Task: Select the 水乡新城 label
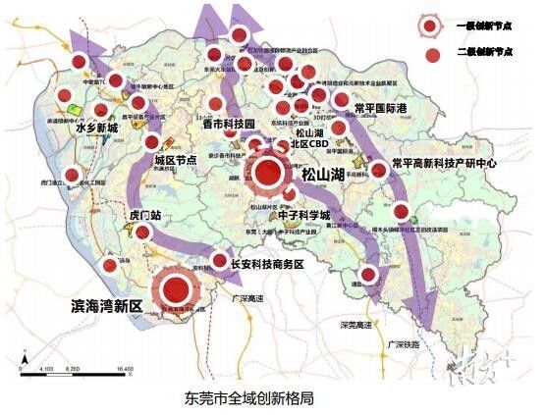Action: pos(96,129)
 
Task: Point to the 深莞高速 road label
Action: pos(350,325)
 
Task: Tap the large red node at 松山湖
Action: pos(267,175)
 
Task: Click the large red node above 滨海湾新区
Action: pos(177,288)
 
